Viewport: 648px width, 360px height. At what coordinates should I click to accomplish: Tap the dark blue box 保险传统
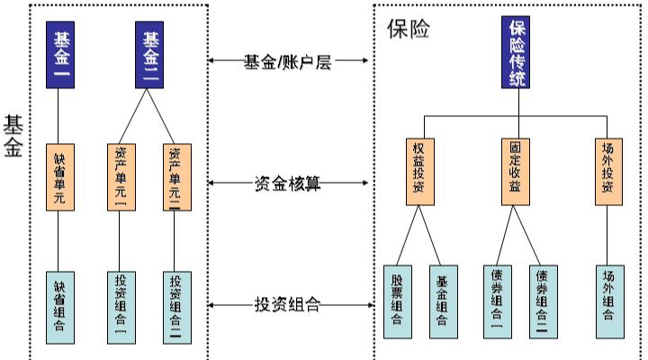(518, 55)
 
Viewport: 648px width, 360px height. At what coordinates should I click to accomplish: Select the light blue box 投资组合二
(175, 306)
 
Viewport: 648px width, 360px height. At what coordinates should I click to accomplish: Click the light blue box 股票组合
(397, 301)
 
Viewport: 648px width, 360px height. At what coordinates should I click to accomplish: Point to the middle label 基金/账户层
(288, 61)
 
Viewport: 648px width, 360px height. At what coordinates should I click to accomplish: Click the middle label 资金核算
(288, 184)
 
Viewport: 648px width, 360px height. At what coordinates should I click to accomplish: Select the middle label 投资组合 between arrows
(288, 305)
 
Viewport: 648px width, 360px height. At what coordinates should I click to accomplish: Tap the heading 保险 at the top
(408, 29)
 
